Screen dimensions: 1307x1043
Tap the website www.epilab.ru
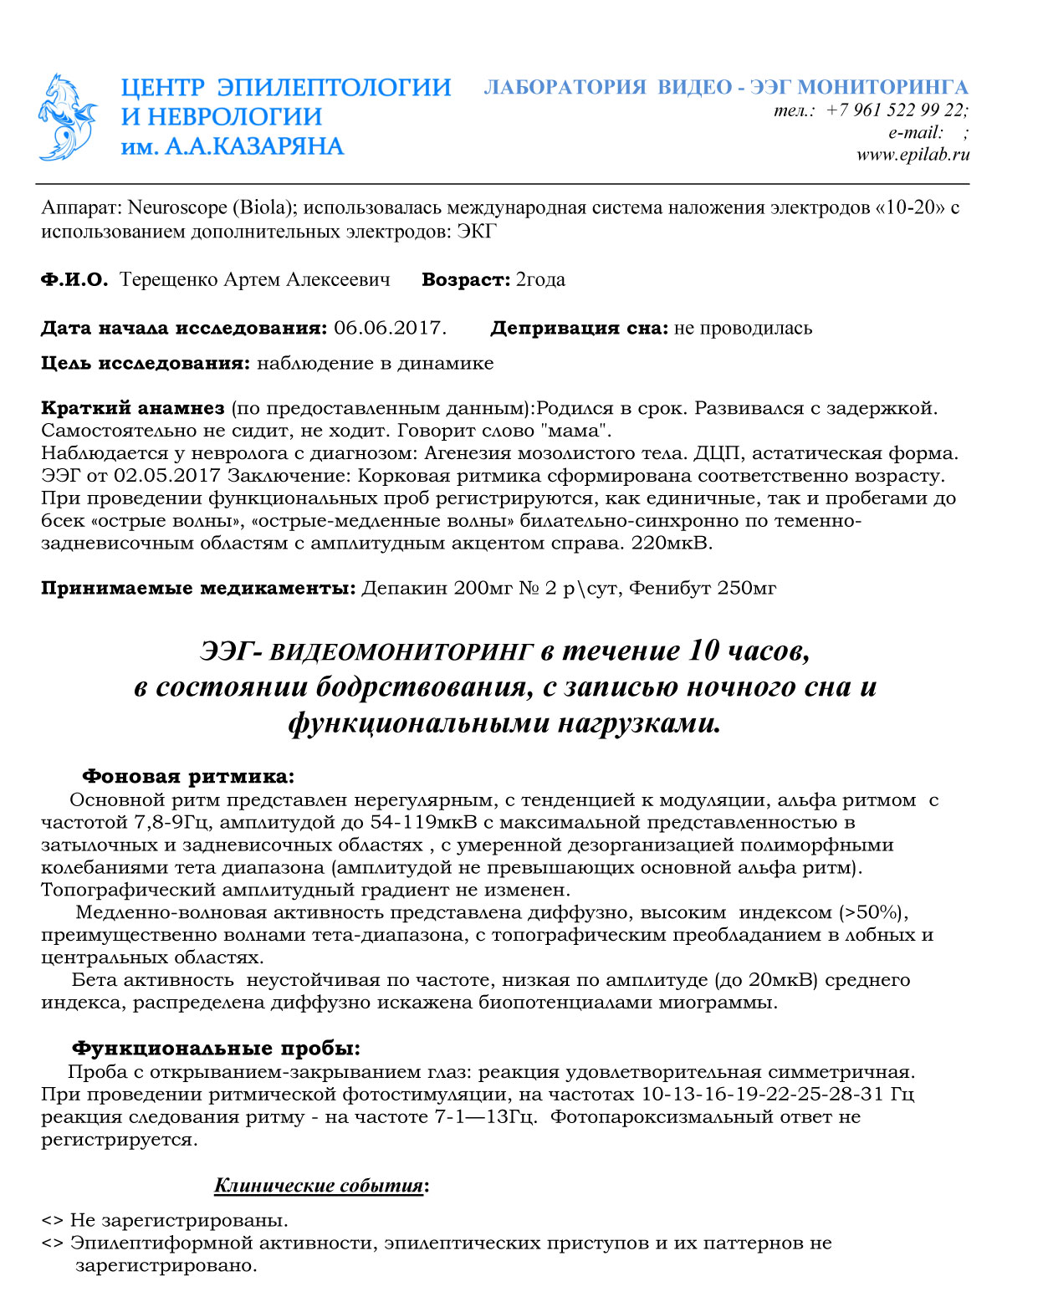[x=913, y=154]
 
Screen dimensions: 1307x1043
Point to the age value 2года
[x=540, y=279]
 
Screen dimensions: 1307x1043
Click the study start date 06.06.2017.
[x=389, y=328]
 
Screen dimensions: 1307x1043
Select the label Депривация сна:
[x=579, y=328]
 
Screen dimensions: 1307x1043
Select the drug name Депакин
[x=405, y=588]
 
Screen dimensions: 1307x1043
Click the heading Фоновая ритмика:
[x=188, y=777]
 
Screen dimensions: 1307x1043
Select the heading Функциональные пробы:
[x=217, y=1049]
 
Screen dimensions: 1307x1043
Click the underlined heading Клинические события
[x=319, y=1186]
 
